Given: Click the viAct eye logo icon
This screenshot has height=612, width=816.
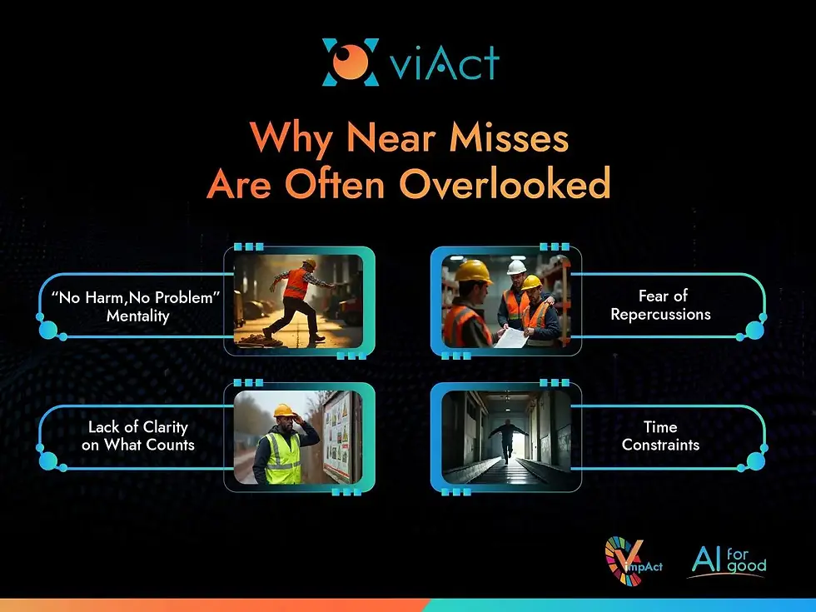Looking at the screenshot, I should coord(351,62).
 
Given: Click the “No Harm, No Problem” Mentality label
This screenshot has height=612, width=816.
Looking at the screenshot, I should coord(137,306).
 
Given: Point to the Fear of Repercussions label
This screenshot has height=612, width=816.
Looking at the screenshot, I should coord(662,305).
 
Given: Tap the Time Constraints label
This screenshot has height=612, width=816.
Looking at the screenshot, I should coord(660,435).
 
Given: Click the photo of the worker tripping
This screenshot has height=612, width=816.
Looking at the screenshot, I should coord(298,301).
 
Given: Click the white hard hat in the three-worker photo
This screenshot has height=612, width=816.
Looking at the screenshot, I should coord(516,267).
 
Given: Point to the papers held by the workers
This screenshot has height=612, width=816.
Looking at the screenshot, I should coord(514,336).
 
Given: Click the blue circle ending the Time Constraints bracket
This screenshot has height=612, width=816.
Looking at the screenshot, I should coord(755,460).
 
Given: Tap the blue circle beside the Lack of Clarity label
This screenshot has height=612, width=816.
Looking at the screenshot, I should coord(48,460).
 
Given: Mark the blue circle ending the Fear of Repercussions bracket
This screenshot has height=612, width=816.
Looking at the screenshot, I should coord(755,330).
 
